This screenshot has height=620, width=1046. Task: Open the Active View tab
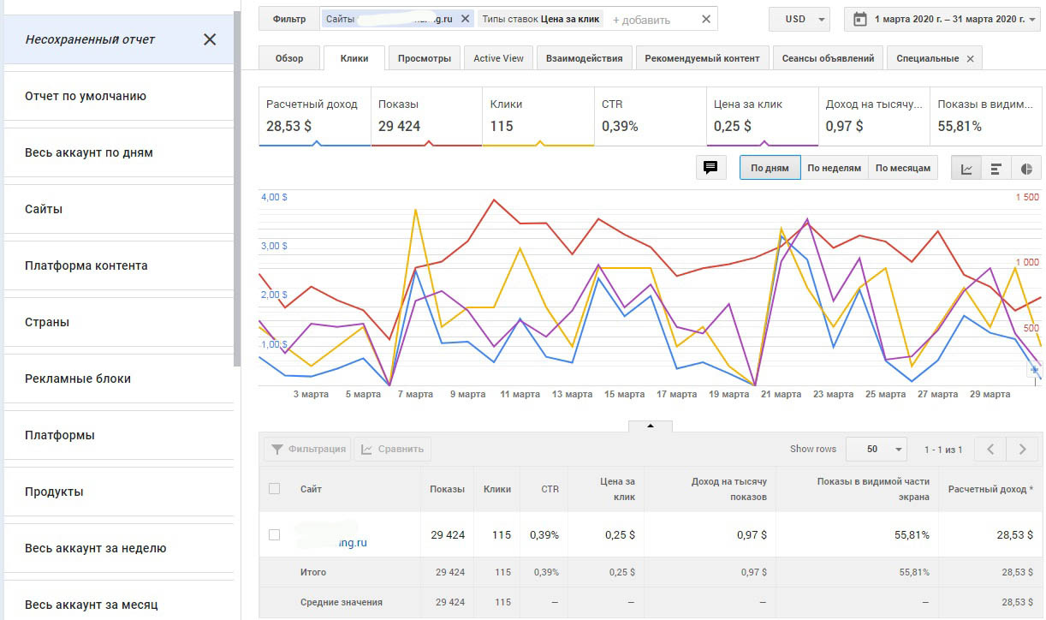(x=498, y=58)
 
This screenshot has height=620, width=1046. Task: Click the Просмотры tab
(x=424, y=58)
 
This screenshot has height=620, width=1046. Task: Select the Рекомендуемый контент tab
(x=702, y=58)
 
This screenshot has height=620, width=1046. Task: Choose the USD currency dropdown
(x=799, y=19)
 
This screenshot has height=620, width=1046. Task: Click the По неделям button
(x=834, y=168)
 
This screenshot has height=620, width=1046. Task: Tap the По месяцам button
(x=902, y=168)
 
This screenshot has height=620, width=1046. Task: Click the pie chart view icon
(x=1026, y=169)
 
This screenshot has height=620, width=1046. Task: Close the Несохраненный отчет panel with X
(x=210, y=39)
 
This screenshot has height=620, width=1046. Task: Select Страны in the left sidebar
(x=47, y=322)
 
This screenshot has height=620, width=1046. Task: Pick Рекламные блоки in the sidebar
(x=78, y=379)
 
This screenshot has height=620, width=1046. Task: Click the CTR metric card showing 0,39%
(x=649, y=116)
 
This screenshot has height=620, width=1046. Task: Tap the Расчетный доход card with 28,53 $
(x=314, y=116)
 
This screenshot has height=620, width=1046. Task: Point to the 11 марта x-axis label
(x=520, y=395)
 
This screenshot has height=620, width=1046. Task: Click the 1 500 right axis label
(x=1026, y=198)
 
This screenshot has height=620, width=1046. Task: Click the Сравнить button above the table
(x=392, y=449)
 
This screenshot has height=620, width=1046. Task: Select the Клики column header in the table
(x=496, y=489)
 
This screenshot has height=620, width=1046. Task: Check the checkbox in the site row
(x=274, y=534)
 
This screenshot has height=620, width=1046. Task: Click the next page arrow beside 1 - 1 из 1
(x=1022, y=449)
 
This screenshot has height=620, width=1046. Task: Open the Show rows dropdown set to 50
(x=876, y=449)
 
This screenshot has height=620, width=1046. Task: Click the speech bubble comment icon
(x=710, y=168)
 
